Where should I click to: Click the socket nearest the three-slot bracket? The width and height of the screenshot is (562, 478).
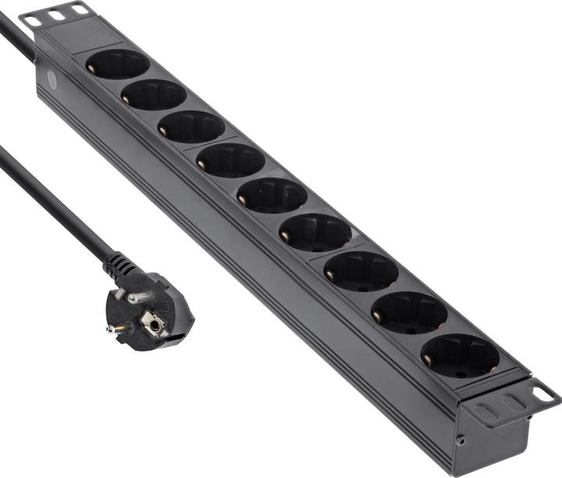[118, 64]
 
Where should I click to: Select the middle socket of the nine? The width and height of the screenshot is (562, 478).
[272, 194]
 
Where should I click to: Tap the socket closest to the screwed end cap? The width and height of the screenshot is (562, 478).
[461, 356]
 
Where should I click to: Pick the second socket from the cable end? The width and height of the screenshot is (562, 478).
[154, 94]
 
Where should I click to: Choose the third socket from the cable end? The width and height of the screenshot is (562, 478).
[191, 126]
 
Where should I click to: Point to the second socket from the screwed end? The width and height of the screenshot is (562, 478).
[410, 313]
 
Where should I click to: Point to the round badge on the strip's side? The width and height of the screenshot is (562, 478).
[52, 80]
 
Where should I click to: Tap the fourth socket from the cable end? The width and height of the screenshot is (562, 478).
[230, 160]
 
